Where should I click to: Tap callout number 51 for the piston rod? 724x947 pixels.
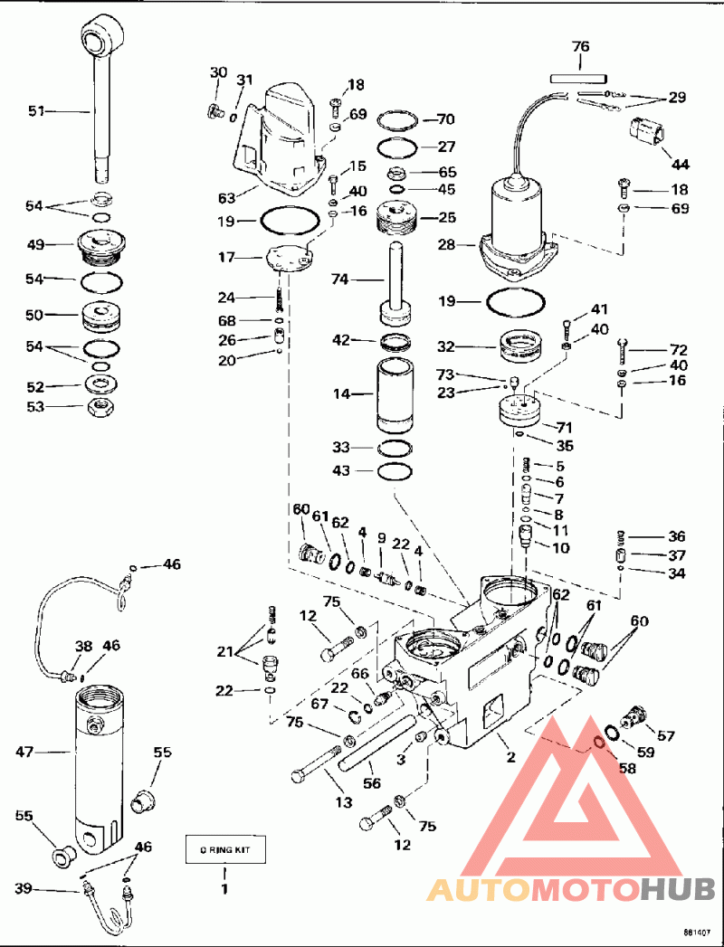coord(37,110)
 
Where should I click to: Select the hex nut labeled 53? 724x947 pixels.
coord(99,409)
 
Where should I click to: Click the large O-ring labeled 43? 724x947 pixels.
coord(395,471)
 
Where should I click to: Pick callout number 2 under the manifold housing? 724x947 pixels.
coord(511,756)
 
